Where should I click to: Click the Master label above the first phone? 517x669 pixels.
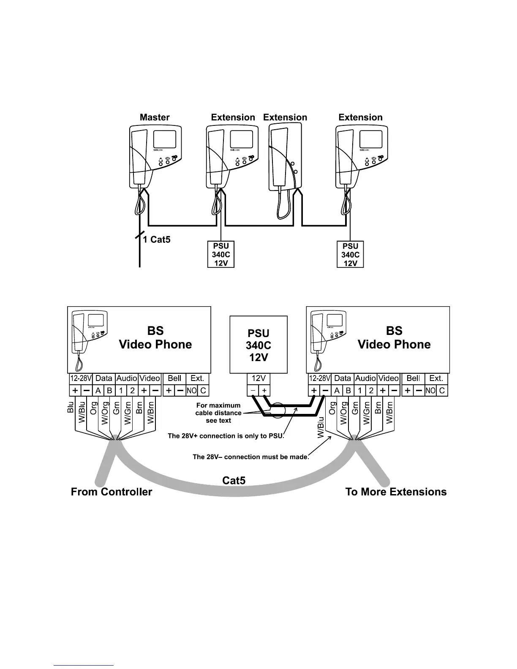pos(155,117)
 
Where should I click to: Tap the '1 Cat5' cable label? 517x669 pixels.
pos(156,239)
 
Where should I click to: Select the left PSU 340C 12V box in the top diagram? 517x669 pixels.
pos(221,254)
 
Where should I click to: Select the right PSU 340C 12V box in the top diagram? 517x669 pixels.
pos(350,254)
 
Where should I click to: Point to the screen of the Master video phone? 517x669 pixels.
pos(164,140)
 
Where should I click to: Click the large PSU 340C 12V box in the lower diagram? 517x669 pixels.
pos(258,345)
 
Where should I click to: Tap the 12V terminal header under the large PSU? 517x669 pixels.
pos(258,378)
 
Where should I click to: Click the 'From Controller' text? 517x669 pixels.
pos(112,492)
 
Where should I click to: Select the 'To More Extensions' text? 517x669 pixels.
pos(396,492)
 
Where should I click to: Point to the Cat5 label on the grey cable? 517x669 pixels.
pos(234,480)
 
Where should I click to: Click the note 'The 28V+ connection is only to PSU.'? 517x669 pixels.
pos(226,436)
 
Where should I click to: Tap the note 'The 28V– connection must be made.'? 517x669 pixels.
pos(251,457)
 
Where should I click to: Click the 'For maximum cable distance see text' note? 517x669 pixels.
pos(218,413)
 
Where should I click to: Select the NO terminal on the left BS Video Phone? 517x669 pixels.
pos(191,391)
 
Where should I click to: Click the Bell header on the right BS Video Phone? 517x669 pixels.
pos(413,378)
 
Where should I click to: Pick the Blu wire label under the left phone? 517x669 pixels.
pos(71,408)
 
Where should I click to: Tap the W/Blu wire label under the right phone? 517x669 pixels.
pos(321,427)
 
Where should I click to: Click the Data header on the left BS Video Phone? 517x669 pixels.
pos(103,378)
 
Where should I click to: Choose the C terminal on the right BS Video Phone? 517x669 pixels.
pos(442,391)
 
